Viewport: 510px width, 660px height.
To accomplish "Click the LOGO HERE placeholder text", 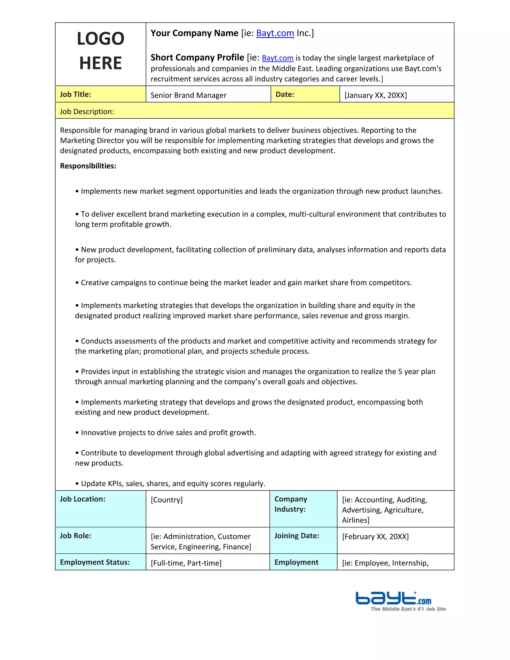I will pos(100,51).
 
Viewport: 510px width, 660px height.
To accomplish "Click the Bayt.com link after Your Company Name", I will pos(275,33).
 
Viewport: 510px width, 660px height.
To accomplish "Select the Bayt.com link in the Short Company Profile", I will pos(277,58).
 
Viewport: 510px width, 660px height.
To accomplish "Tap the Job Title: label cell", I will pos(75,95).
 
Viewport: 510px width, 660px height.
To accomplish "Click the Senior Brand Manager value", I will pos(188,95).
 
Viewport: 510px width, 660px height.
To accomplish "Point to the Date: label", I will pos(285,95).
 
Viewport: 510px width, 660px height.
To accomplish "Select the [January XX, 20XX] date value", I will pos(376,95).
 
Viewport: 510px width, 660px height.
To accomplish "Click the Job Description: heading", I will pos(87,112).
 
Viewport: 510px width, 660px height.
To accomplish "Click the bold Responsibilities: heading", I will pos(88,166).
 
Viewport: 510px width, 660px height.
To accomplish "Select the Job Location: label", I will pos(82,499).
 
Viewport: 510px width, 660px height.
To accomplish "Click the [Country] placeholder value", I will pos(167,500).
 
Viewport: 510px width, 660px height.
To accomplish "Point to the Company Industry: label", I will pos(290,504).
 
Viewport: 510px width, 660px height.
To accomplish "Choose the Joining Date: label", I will pos(296,536).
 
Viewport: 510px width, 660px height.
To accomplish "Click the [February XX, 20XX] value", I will pos(375,537).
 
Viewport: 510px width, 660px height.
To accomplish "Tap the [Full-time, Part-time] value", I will pos(186,563).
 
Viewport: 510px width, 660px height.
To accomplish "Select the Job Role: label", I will pos(75,536).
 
